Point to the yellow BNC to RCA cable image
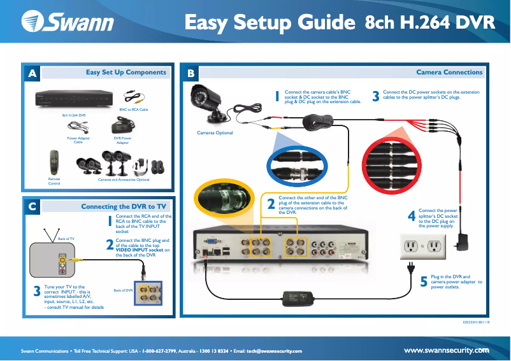(134, 99)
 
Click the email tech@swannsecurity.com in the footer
(274, 351)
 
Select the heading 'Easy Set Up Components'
(126, 73)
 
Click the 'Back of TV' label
(66, 239)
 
